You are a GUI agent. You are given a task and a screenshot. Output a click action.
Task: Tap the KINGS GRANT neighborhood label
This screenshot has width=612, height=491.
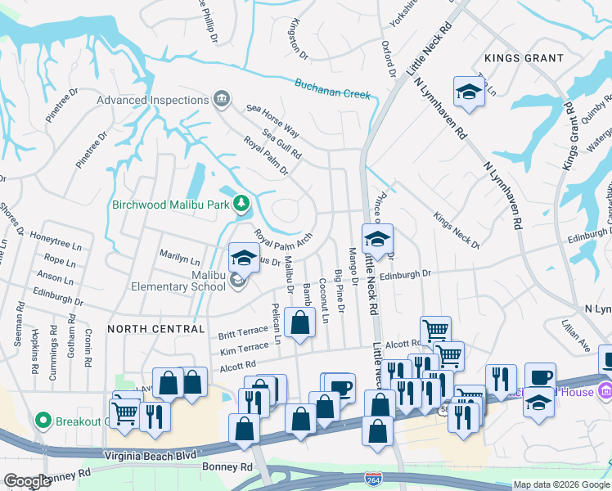[524, 58]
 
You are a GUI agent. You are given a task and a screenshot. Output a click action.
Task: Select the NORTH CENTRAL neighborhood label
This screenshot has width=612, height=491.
[155, 329]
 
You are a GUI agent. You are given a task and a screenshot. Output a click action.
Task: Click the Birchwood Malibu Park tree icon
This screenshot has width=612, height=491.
[241, 204]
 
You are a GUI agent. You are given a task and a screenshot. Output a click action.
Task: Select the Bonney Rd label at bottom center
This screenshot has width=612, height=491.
[225, 467]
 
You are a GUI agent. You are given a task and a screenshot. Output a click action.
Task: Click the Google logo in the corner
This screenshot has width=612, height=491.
[26, 482]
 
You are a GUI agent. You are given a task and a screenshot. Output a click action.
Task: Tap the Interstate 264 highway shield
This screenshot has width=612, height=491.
[374, 477]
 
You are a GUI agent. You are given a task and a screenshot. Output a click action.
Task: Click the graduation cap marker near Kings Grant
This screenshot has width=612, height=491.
[469, 92]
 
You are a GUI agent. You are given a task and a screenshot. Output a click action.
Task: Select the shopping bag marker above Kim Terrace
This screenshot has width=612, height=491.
[300, 322]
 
